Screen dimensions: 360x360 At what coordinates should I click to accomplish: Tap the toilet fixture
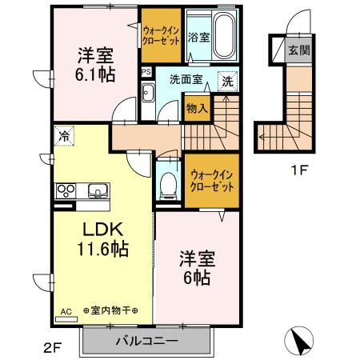[x=168, y=186]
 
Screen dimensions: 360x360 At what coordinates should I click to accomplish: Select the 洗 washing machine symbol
[x=228, y=81]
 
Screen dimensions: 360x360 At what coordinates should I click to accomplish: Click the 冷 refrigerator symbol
[x=63, y=136]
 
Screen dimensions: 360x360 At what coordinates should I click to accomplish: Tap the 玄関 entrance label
[x=298, y=49]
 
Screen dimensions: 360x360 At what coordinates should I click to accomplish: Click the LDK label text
[x=94, y=230]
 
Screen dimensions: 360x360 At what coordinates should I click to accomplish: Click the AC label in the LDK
[x=66, y=312]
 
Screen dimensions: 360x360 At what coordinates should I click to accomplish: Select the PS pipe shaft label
[x=145, y=71]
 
